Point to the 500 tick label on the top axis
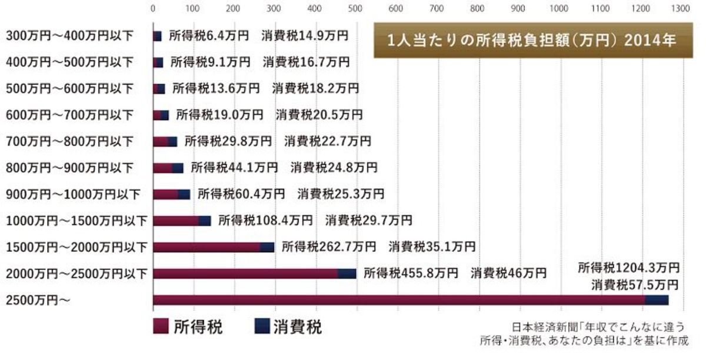(355, 9)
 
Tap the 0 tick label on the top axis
(154, 9)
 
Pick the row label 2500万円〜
(39, 301)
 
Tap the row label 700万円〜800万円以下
(70, 141)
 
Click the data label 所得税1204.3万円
(628, 268)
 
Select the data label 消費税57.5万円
(635, 285)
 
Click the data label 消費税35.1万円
(432, 246)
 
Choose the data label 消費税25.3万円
(341, 194)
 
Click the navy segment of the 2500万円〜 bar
(657, 301)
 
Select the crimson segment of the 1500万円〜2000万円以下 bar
(207, 247)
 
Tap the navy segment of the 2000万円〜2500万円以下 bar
(347, 274)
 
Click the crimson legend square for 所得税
(161, 326)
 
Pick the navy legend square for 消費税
(262, 326)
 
